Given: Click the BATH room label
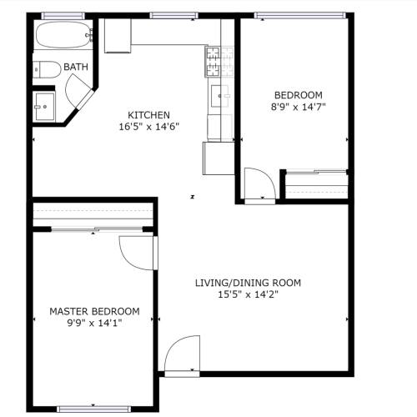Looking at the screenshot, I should click(76, 67).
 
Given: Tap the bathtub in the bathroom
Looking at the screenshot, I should click(63, 36).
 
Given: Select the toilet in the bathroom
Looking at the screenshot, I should click(46, 68).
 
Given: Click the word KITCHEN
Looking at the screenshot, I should click(148, 115).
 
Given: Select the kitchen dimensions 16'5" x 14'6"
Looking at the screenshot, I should click(148, 127).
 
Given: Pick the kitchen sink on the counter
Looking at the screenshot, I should click(221, 96).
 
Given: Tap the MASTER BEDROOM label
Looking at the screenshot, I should click(94, 311).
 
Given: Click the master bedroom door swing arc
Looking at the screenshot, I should click(135, 253).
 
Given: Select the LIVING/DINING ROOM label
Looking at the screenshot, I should click(248, 283).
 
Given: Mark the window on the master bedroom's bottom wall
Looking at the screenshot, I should click(93, 409).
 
